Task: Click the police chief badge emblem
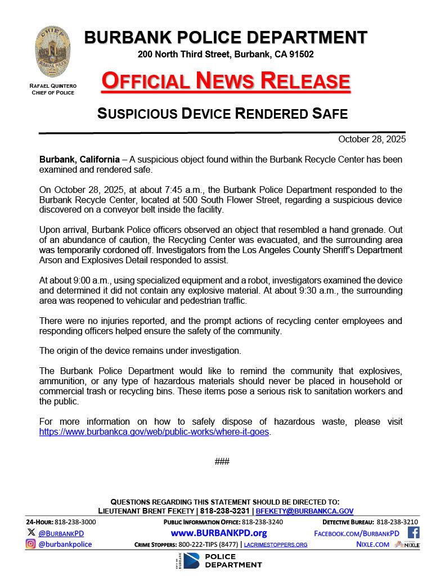pyautogui.click(x=52, y=52)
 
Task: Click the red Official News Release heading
pyautogui.click(x=226, y=81)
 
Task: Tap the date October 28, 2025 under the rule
pyautogui.click(x=372, y=139)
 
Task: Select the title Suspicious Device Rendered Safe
pyautogui.click(x=222, y=113)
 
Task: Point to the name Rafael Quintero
pyautogui.click(x=53, y=85)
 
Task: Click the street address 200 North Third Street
pyautogui.click(x=184, y=55)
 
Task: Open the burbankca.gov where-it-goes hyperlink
pyautogui.click(x=154, y=432)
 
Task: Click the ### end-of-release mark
pyautogui.click(x=222, y=462)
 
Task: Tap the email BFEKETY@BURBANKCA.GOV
pyautogui.click(x=304, y=511)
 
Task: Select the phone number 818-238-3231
pyautogui.click(x=225, y=511)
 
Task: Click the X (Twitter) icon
pyautogui.click(x=30, y=532)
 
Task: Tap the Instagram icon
pyautogui.click(x=30, y=544)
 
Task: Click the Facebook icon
pyautogui.click(x=413, y=532)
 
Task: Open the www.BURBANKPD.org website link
pyautogui.click(x=218, y=533)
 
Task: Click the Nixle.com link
pyautogui.click(x=372, y=544)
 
